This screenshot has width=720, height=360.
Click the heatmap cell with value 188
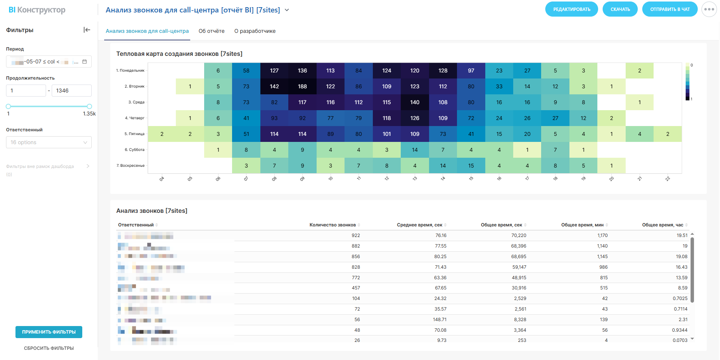click(302, 86)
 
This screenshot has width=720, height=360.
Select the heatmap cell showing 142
click(274, 86)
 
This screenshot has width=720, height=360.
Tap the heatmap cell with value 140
click(415, 102)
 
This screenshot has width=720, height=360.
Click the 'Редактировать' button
click(571, 9)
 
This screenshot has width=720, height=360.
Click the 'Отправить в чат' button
click(670, 9)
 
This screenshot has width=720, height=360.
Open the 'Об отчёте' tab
click(211, 31)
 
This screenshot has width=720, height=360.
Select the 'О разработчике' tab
click(255, 31)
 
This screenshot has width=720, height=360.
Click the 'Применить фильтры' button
click(49, 332)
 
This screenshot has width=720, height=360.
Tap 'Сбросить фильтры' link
click(49, 348)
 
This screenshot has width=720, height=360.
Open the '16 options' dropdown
click(49, 142)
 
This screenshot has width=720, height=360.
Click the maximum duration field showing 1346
click(71, 91)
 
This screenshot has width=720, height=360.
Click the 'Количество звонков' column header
click(332, 225)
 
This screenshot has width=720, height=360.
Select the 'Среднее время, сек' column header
click(419, 225)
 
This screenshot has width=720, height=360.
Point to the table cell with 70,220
click(518, 235)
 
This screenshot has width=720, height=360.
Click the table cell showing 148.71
click(440, 320)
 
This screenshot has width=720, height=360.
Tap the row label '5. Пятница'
click(134, 134)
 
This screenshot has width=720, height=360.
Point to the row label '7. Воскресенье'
click(131, 166)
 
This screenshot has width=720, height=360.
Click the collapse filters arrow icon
click(87, 30)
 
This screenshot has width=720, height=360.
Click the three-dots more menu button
click(709, 9)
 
